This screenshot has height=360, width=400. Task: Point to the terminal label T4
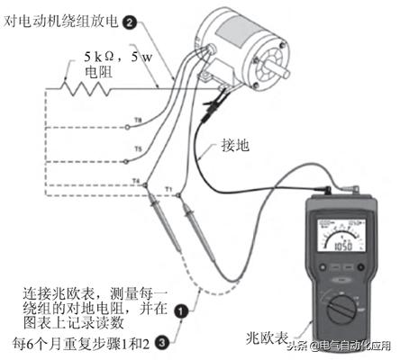click(x=135, y=181)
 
